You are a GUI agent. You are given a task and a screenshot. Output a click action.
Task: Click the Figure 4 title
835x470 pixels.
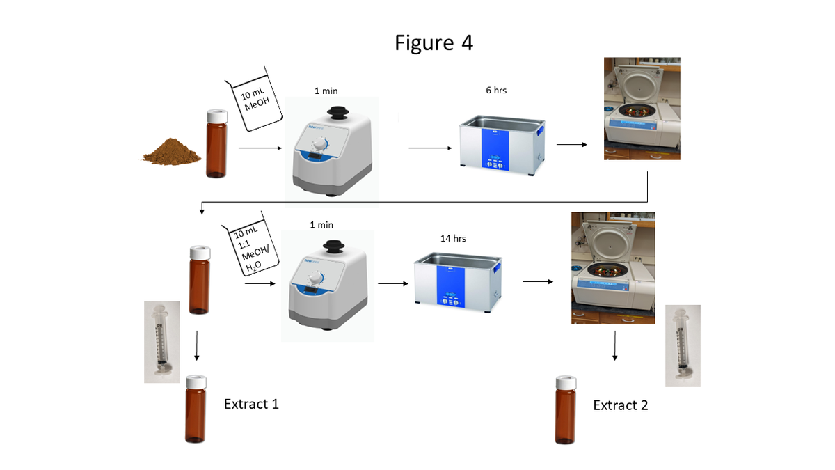[434, 42]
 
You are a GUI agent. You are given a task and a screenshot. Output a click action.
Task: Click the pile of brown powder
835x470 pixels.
[170, 150]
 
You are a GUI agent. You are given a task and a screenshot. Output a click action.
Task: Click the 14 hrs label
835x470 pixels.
[453, 238]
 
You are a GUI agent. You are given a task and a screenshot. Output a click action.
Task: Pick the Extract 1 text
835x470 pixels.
[251, 403]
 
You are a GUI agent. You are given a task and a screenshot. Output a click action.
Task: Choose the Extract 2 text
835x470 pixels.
[620, 405]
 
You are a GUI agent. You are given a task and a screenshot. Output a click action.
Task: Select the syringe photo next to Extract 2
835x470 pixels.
[683, 345]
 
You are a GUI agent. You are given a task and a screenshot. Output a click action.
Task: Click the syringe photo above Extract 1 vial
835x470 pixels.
[162, 342]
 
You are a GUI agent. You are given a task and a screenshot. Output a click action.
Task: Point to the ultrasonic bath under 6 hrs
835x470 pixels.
[500, 144]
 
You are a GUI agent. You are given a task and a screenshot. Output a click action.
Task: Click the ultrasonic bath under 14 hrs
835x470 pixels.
[455, 281]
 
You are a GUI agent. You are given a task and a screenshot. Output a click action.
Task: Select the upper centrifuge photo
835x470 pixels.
[642, 109]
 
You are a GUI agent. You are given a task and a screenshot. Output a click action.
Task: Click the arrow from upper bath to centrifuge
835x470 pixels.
[571, 145]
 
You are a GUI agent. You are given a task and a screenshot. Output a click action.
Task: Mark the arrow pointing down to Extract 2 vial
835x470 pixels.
[615, 346]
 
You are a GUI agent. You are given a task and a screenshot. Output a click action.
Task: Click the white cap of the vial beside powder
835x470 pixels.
[217, 116]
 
